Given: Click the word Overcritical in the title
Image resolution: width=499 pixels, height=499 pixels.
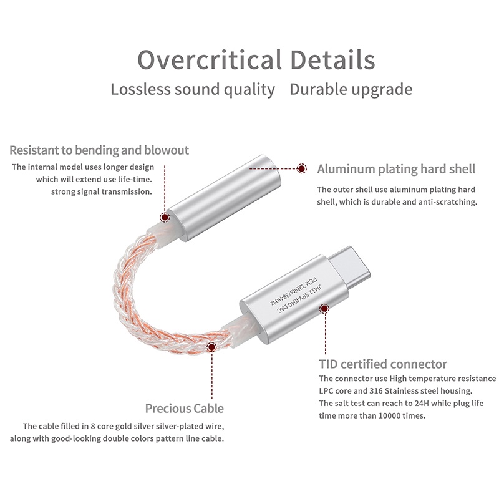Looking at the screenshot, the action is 210,60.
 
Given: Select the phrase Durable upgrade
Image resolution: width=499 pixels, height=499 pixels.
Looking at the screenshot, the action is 351,89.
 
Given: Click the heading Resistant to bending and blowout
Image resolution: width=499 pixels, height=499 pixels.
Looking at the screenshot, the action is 99,150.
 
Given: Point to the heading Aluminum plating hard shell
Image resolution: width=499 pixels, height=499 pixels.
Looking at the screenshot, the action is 396,169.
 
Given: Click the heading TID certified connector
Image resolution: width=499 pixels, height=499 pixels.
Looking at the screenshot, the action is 383,364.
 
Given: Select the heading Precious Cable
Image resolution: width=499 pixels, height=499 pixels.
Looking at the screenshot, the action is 184,409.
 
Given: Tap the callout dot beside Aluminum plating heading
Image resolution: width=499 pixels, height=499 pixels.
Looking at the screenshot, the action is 302,168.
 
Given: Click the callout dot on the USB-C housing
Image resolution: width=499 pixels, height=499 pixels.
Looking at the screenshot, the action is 324,308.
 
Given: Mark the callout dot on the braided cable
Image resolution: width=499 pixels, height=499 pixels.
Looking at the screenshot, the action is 211,347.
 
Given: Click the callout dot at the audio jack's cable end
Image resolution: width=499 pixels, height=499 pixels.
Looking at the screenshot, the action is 165,217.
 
